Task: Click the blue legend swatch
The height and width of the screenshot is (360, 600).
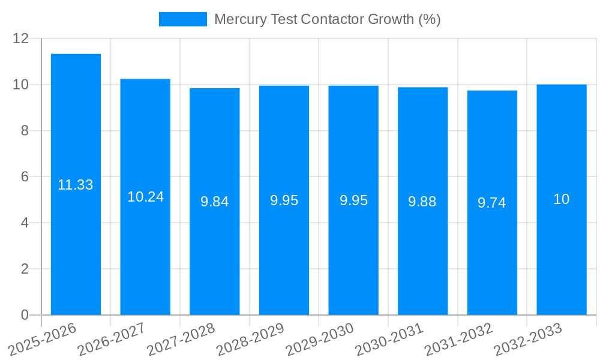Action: pos(182,19)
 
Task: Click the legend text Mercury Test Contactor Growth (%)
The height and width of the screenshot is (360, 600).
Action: pos(327,19)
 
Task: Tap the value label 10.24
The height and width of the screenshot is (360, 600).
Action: pos(145,197)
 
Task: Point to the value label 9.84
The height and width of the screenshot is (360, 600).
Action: pos(215,202)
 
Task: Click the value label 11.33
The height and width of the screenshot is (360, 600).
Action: pos(76,185)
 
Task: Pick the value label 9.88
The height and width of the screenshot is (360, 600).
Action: pos(422,202)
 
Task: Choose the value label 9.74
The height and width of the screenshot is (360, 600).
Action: pos(492,203)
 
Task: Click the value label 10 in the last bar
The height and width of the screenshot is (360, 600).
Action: pos(562,200)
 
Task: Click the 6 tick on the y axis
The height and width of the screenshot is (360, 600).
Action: pos(25,177)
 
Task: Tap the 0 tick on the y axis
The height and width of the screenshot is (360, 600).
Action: pos(25,315)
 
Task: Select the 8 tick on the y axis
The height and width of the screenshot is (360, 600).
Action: pos(25,131)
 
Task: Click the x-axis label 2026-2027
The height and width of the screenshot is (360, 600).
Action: pos(112,340)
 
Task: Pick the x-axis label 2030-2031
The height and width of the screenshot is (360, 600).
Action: pos(389,340)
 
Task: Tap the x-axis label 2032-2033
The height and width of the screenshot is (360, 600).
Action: pos(528,340)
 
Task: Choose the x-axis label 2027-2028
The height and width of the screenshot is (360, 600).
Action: pos(181,340)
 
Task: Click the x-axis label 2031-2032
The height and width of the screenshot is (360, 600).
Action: pos(459,340)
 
